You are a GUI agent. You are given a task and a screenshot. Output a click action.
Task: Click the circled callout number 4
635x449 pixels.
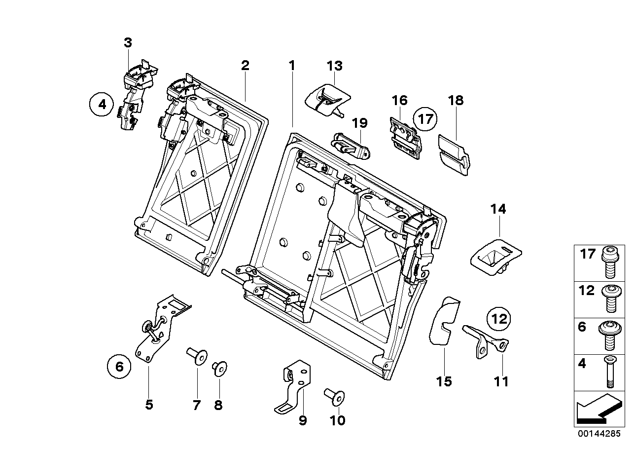pyautogui.click(x=102, y=105)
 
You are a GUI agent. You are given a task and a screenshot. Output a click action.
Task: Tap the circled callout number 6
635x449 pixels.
pyautogui.click(x=119, y=367)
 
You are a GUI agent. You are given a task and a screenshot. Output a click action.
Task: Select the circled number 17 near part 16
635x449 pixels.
pyautogui.click(x=425, y=119)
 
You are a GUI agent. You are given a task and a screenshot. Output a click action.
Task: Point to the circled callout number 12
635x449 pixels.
pyautogui.click(x=499, y=319)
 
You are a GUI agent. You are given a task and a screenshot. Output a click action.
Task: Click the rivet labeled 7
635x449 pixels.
pyautogui.click(x=197, y=357)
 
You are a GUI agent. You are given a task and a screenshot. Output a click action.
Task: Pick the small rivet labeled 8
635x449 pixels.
pyautogui.click(x=218, y=369)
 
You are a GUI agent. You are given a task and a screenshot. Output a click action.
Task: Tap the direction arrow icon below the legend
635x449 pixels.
pyautogui.click(x=597, y=409)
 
